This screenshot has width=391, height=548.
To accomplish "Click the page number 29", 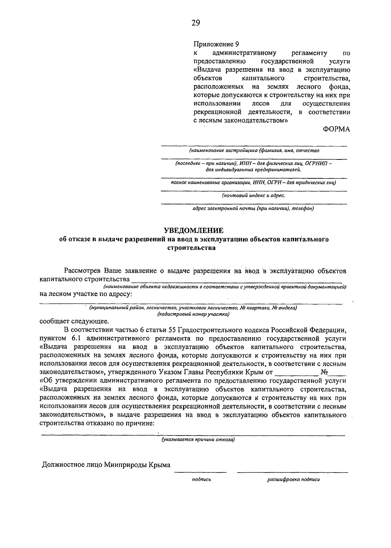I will click(x=195, y=23).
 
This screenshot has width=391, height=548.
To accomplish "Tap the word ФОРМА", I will click(x=336, y=129).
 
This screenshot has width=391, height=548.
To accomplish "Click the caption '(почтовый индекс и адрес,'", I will click(x=253, y=196).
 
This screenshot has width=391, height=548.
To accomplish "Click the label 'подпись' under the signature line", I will click(x=201, y=479).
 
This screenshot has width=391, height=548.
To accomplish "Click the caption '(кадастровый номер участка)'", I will click(x=193, y=314).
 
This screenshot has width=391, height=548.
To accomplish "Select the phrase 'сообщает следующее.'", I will click(x=74, y=321).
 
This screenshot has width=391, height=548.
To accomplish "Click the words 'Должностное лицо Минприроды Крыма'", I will click(x=106, y=465).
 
